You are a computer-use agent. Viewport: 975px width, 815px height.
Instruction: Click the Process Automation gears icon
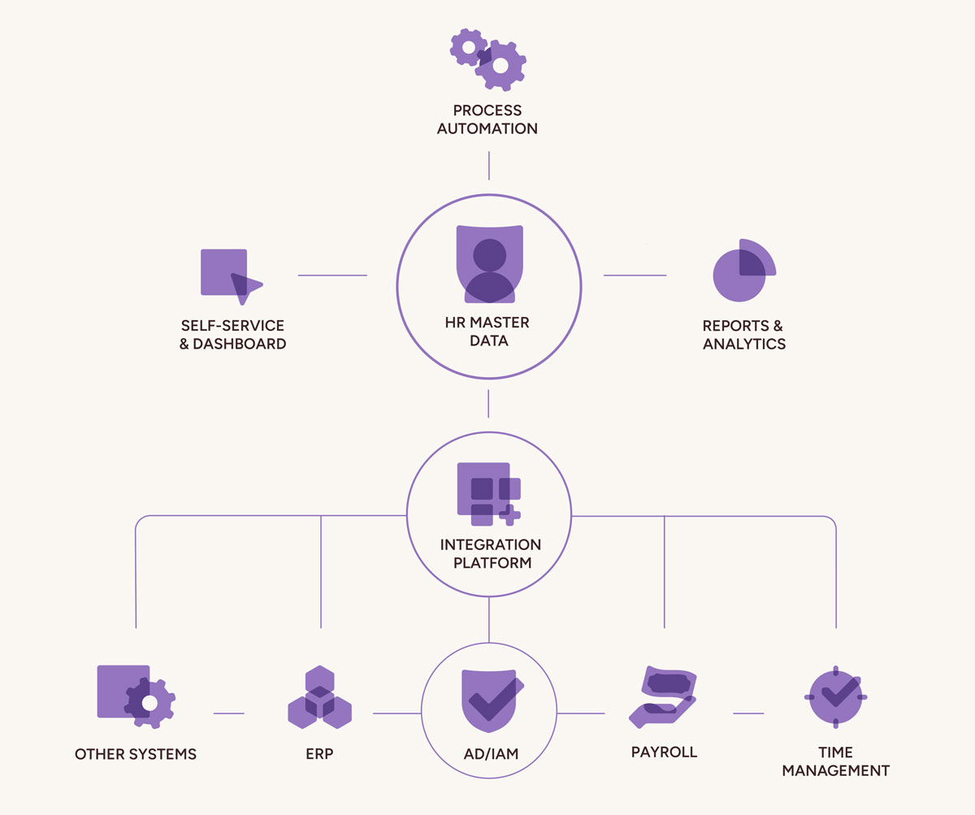click(x=488, y=59)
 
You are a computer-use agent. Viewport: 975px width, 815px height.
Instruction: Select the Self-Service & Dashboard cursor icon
click(x=230, y=275)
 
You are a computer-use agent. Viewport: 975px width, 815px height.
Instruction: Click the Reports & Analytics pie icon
click(x=743, y=271)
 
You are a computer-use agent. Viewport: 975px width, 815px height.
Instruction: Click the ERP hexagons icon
click(x=320, y=697)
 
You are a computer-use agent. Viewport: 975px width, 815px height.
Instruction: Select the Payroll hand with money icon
click(x=663, y=696)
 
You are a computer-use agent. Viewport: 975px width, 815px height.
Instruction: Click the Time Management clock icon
click(x=836, y=697)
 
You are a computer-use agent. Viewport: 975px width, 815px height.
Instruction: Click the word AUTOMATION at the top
click(x=487, y=128)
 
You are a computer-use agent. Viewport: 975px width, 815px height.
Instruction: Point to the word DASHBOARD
click(x=240, y=344)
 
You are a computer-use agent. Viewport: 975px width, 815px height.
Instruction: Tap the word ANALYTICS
click(x=744, y=344)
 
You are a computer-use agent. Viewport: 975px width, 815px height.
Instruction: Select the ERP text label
click(x=320, y=754)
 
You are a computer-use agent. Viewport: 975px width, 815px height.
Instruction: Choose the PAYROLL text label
click(x=664, y=752)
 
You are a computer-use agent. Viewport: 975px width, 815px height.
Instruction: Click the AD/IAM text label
click(x=489, y=755)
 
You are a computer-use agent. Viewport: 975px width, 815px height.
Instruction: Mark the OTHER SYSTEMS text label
click(x=136, y=754)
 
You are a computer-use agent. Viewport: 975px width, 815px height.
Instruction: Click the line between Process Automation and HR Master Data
click(x=488, y=165)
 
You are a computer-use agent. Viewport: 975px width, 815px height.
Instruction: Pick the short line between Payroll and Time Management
click(x=748, y=713)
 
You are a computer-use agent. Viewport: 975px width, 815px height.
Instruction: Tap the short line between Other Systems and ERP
click(x=229, y=713)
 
